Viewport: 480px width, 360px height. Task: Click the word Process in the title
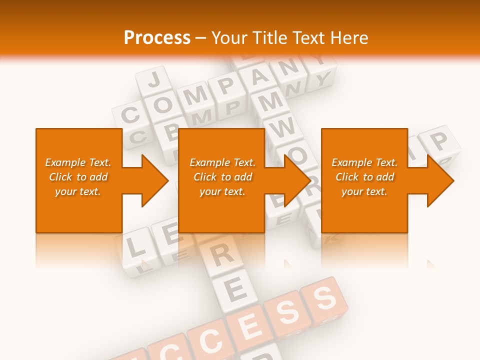click(x=157, y=37)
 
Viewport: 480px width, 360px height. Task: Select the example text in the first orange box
click(x=78, y=177)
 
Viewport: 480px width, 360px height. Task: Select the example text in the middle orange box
click(x=222, y=177)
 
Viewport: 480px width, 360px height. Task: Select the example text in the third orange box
click(x=364, y=177)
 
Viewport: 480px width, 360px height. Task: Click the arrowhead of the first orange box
click(x=155, y=180)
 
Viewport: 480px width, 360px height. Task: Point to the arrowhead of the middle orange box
click(x=298, y=180)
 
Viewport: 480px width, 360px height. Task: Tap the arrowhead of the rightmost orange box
click(x=440, y=180)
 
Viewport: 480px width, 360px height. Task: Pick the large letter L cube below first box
click(x=132, y=245)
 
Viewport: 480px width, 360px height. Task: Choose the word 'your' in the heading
click(x=231, y=37)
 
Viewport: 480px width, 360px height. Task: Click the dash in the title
click(x=201, y=37)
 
